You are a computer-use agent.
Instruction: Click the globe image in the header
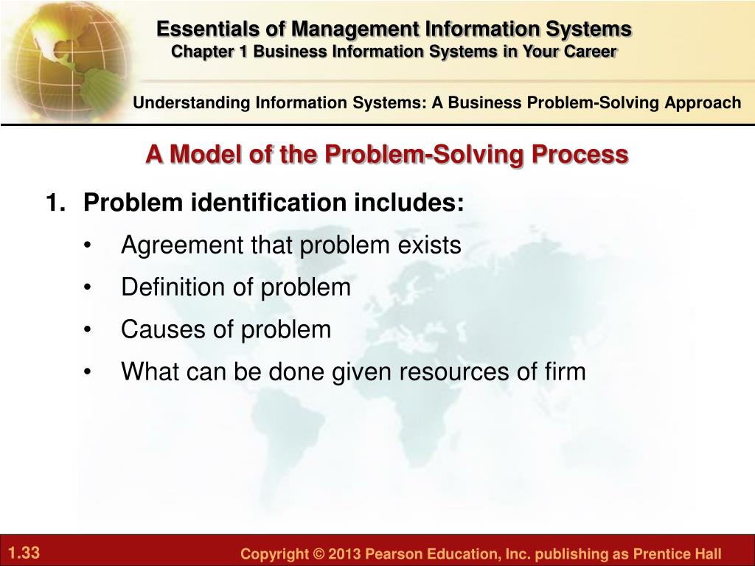(x=67, y=60)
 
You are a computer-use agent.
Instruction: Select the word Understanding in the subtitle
(x=192, y=103)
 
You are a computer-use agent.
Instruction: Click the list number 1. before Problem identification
(x=55, y=202)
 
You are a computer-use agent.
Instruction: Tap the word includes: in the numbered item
(x=408, y=202)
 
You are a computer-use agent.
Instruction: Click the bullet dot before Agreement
(x=87, y=245)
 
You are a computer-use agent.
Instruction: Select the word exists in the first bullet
(x=429, y=245)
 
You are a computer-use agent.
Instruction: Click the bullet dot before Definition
(x=87, y=287)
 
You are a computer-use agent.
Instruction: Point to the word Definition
(x=173, y=287)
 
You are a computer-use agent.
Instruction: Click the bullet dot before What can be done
(x=87, y=372)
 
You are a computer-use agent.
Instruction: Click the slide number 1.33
(x=24, y=552)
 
